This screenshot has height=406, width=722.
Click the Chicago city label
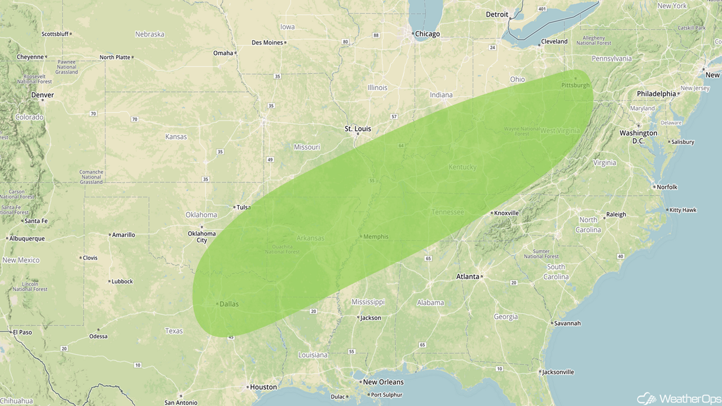(427, 34)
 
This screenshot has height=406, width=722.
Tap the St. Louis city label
(358, 129)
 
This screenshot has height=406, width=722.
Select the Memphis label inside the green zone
(376, 237)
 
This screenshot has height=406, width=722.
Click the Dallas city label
(229, 304)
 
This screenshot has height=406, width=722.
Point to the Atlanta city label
(467, 276)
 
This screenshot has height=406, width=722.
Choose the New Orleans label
(383, 382)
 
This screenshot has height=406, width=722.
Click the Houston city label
(263, 387)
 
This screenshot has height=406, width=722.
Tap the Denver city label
(42, 95)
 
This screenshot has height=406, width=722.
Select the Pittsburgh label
(575, 85)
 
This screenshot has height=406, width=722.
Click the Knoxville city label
(507, 213)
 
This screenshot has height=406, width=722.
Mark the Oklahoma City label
(201, 237)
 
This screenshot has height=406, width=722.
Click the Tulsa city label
(243, 207)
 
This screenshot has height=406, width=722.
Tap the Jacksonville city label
(558, 372)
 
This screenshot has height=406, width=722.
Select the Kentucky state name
(463, 167)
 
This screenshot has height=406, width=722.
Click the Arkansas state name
(310, 238)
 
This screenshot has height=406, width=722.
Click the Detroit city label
(497, 14)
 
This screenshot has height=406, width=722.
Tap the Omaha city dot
(236, 53)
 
